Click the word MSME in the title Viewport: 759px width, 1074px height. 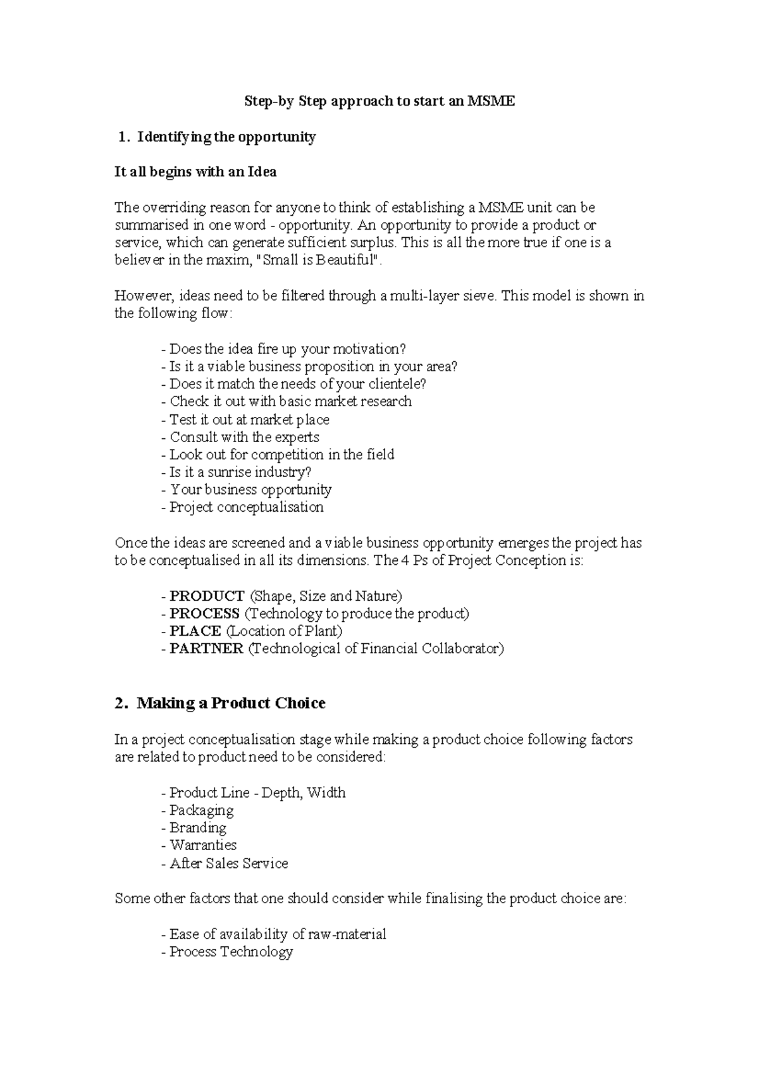[491, 101]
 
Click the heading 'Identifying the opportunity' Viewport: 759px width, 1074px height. [226, 137]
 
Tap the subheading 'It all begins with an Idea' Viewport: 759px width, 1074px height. [195, 172]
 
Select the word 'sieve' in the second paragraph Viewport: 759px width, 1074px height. [477, 296]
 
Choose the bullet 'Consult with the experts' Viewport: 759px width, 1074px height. [244, 437]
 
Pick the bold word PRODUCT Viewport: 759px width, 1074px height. [207, 596]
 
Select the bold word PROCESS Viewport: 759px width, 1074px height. [204, 614]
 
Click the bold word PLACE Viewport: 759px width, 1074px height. [195, 631]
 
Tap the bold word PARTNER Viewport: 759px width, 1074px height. [206, 649]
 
